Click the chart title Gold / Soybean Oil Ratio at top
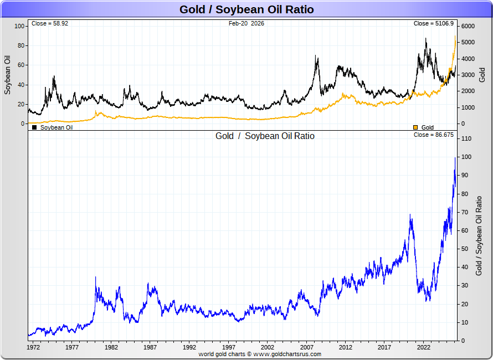coord(247,9)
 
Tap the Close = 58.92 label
coord(50,24)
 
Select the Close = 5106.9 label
coord(434,24)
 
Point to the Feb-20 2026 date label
coord(247,24)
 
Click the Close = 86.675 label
coord(434,135)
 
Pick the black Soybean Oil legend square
coord(35,127)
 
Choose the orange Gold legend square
coord(416,127)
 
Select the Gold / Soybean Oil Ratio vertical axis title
coord(479,235)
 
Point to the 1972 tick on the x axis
coord(33,348)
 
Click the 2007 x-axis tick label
coord(307,348)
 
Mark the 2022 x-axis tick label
coord(424,348)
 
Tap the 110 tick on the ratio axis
coord(466,139)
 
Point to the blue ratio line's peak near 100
coord(455,158)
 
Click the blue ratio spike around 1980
coord(95,277)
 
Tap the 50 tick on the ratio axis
coord(464,249)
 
